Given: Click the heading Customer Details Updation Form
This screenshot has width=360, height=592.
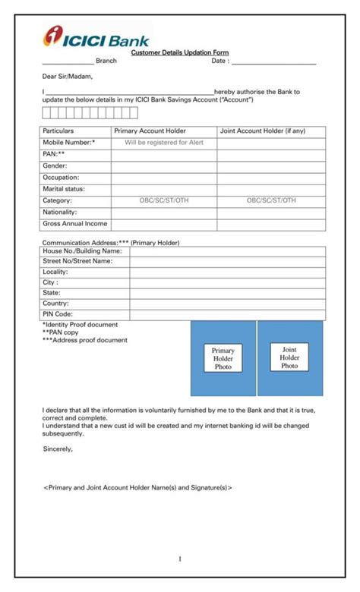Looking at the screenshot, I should pyautogui.click(x=179, y=52).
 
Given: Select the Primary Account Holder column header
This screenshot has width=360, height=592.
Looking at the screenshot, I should pyautogui.click(x=150, y=131).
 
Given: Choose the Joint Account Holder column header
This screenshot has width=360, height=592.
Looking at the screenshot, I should pyautogui.click(x=263, y=131).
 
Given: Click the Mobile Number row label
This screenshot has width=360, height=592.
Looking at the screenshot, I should pyautogui.click(x=69, y=143).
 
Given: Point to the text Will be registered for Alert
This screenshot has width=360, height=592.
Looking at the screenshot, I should pyautogui.click(x=164, y=143).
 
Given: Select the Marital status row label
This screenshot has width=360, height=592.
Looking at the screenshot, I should pyautogui.click(x=64, y=189).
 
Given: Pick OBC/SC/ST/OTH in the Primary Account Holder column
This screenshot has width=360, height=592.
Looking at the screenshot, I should pyautogui.click(x=164, y=200).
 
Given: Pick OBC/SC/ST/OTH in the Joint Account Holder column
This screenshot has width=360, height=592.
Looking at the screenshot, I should pyautogui.click(x=271, y=200).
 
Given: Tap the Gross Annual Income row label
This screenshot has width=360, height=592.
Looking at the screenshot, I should pyautogui.click(x=74, y=224).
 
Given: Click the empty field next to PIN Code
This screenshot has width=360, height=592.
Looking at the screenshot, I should pyautogui.click(x=227, y=314).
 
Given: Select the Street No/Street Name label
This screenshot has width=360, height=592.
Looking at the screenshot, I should pyautogui.click(x=77, y=261).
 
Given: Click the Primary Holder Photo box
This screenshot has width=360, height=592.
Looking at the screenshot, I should pyautogui.click(x=223, y=358).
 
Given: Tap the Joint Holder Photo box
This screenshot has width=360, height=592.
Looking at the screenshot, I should pyautogui.click(x=289, y=357).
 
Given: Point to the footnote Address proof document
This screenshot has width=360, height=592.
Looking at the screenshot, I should pyautogui.click(x=85, y=340).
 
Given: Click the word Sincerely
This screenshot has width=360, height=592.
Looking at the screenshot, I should pyautogui.click(x=58, y=449).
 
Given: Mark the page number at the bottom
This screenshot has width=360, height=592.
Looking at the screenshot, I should pyautogui.click(x=180, y=559).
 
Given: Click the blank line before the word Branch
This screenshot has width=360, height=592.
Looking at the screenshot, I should pyautogui.click(x=68, y=61).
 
